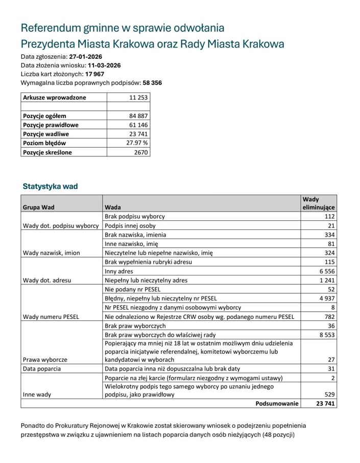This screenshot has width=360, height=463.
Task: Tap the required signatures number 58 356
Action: [x=152, y=82]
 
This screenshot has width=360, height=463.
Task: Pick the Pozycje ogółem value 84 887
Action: [x=138, y=116]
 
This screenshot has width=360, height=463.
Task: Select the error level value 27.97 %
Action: [x=137, y=143]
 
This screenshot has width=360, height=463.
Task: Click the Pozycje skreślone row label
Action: [x=47, y=152]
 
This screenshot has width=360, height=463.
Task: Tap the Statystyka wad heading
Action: [x=50, y=187]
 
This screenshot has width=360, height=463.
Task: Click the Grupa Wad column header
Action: [x=38, y=207]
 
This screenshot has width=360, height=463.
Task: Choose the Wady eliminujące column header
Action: [x=319, y=203]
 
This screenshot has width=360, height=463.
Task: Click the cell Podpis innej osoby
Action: [x=130, y=225]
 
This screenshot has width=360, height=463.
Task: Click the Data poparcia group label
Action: [x=42, y=368]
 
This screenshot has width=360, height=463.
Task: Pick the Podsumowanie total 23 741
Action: [x=325, y=403]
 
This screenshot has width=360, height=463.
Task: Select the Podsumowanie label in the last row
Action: [x=277, y=403]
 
